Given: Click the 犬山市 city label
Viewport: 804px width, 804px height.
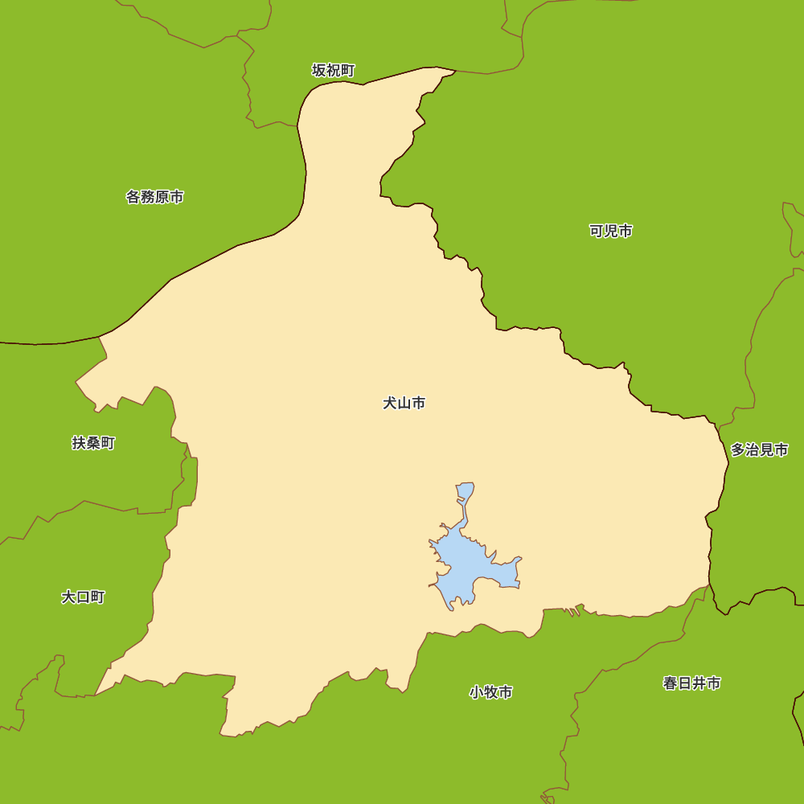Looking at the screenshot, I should coord(404,403).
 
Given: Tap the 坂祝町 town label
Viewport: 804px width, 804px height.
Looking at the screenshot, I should coord(333,71).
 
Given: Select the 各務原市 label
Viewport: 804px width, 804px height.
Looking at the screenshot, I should coord(154,197).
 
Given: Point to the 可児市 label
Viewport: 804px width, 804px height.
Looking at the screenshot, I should coord(610,232).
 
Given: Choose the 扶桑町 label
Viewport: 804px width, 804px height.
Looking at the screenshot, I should coord(93,443).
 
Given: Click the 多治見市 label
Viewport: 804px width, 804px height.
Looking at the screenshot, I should coord(759,450).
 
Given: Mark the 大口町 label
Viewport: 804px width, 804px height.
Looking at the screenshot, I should coord(83,597).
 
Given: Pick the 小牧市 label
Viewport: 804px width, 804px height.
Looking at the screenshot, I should coord(490,692).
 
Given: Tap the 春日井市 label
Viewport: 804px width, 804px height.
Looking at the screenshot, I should coord(691,683).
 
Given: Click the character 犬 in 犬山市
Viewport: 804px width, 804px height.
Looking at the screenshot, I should coord(390,403).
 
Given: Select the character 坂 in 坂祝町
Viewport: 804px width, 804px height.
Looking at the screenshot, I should coord(319,71).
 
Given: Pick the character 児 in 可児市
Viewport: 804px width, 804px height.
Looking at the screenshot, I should coord(610,232).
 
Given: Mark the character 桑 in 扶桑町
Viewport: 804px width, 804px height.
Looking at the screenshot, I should coord(93,443).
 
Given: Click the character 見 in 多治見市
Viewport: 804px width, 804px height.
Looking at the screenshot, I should coord(766,450).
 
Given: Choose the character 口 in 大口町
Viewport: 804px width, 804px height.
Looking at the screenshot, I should coord(83,597).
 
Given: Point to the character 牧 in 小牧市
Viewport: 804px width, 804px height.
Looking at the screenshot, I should coord(490,692).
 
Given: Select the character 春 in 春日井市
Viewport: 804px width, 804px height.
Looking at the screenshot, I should coord(671,683).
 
